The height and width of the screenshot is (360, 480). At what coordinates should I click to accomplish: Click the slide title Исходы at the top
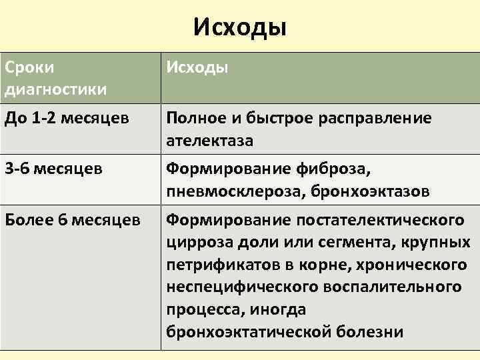pyautogui.click(x=240, y=27)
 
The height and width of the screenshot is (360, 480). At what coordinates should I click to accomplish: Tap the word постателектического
pyautogui.click(x=378, y=219)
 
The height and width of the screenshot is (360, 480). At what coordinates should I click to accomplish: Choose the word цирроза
pyautogui.click(x=197, y=241)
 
